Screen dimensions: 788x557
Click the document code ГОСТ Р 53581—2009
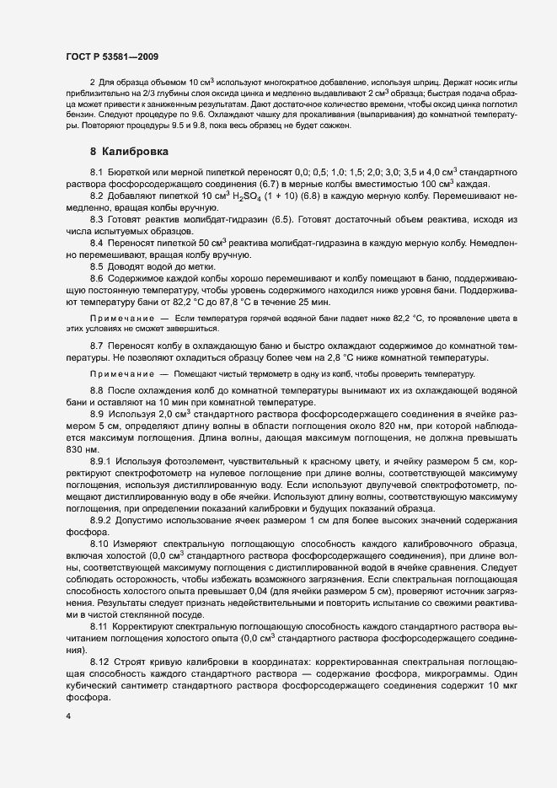coord(111,55)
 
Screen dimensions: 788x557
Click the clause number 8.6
coord(96,278)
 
